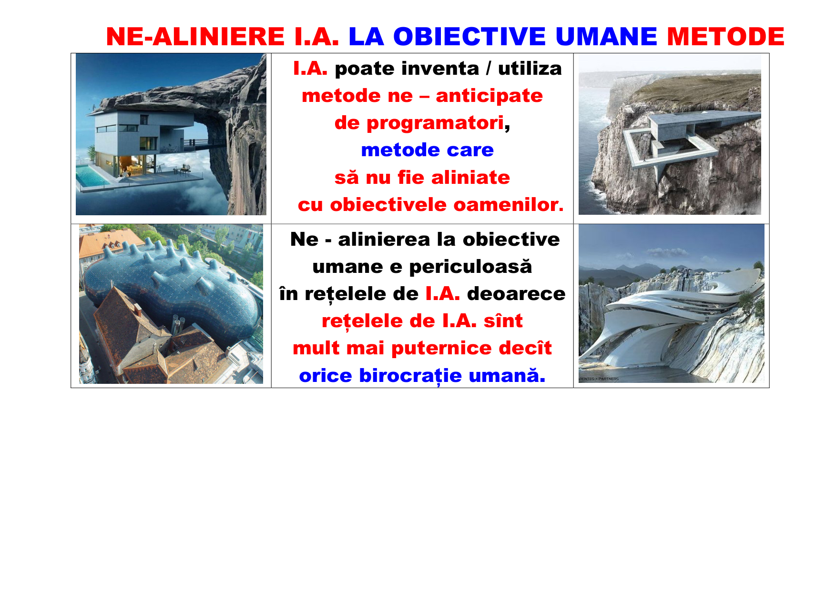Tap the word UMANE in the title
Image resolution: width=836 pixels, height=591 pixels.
[x=606, y=37]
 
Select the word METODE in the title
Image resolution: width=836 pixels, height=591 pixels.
[x=725, y=37]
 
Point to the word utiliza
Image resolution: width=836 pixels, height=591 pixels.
[x=530, y=69]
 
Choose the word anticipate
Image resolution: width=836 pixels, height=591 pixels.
[x=489, y=96]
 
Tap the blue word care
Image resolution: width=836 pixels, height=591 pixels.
[x=470, y=150]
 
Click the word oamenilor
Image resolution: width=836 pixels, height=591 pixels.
[x=509, y=205]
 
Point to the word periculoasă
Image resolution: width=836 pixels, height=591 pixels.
[x=470, y=267]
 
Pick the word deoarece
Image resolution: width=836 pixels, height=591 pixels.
[x=516, y=294]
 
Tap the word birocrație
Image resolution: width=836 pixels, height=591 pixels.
[x=410, y=376]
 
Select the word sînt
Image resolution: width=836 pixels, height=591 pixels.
[x=503, y=321]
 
